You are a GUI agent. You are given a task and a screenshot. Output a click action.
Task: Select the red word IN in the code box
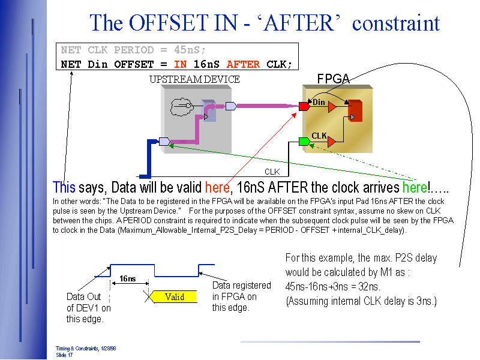click(x=180, y=64)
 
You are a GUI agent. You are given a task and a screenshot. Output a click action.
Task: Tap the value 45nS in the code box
click(x=190, y=50)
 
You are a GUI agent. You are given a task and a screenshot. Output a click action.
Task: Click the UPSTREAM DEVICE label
click(x=194, y=79)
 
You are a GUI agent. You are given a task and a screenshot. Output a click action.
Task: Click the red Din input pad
click(x=304, y=106)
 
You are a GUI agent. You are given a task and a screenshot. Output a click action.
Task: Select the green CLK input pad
click(x=304, y=142)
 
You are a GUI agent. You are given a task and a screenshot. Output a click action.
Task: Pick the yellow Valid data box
click(x=175, y=296)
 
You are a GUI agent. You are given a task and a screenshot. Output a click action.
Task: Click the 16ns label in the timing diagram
click(x=127, y=278)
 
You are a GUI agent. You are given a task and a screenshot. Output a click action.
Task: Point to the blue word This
click(x=64, y=187)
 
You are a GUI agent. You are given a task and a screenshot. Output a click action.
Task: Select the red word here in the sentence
click(x=217, y=187)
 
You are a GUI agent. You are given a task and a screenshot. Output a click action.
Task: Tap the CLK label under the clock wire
click(x=272, y=172)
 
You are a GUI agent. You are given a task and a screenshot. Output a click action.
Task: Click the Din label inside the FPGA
click(x=319, y=103)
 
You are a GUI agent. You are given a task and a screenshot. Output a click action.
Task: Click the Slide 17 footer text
click(x=64, y=355)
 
